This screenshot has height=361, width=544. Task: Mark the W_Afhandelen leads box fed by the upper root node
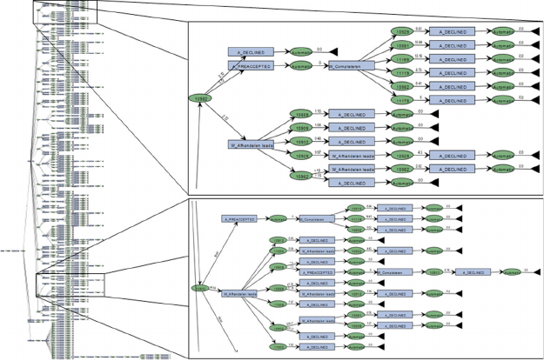coord(252,145)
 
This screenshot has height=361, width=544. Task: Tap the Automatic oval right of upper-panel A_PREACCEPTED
coord(300,65)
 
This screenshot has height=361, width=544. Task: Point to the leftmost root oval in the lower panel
coord(199,287)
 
